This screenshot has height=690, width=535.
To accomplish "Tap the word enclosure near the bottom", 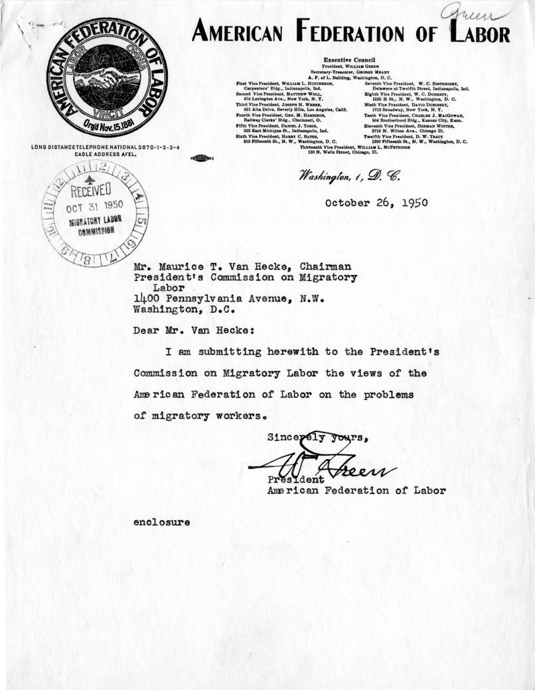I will coord(162,522).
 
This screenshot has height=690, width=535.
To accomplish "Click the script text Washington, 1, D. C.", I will coord(344,175).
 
